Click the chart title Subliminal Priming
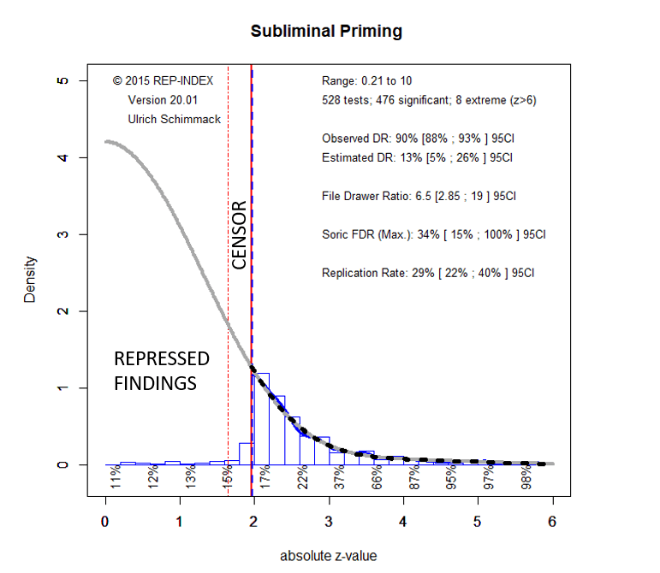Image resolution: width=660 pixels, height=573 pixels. (x=326, y=32)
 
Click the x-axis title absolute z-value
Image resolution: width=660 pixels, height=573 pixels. (x=328, y=555)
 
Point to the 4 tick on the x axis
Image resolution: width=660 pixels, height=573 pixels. (x=403, y=520)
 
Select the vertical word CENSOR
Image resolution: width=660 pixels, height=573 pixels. (x=240, y=234)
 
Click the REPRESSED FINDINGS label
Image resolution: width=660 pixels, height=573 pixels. (x=162, y=370)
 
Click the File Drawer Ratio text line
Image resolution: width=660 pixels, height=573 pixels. (x=419, y=196)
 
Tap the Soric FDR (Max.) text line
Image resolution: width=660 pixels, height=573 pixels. (x=433, y=234)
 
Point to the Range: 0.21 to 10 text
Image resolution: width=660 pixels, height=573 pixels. (x=366, y=80)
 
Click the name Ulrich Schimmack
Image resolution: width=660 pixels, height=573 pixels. (x=175, y=119)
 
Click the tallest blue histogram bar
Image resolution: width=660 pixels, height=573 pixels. (x=261, y=419)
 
